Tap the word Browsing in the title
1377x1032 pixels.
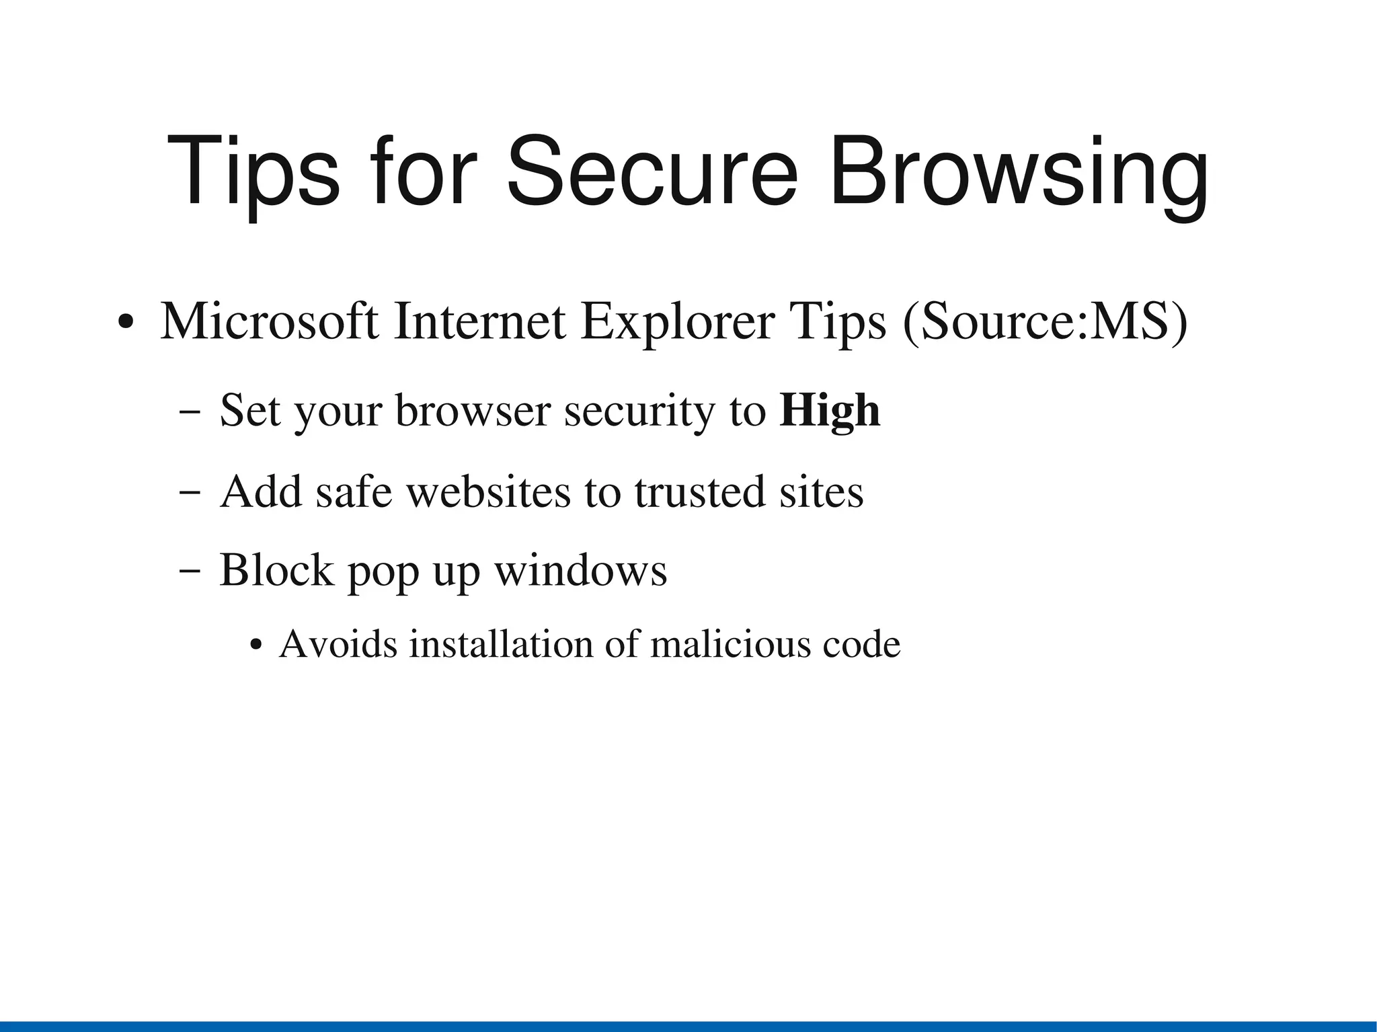coord(1019,173)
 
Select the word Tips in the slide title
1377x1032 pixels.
coord(253,173)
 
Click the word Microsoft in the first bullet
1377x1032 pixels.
coord(269,322)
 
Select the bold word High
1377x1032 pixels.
coord(830,411)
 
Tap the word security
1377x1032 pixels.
coord(639,411)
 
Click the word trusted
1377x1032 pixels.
coord(699,491)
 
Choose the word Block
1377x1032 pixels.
coord(276,571)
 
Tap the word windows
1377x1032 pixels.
coord(580,571)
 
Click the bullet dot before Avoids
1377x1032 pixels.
coord(255,646)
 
